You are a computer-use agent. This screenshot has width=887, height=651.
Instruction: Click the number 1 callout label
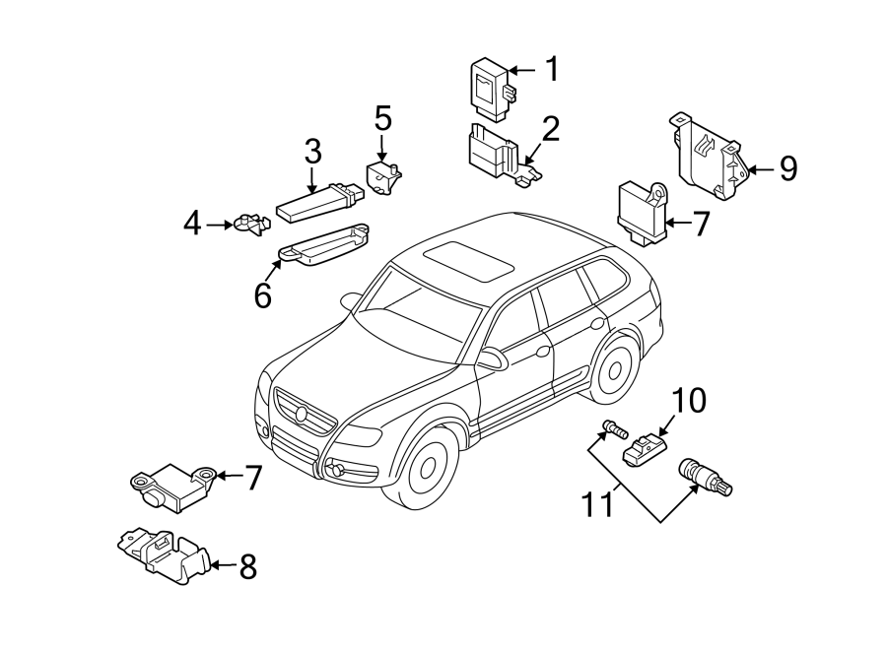coord(552,69)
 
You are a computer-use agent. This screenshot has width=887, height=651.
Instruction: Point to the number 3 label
coord(311,152)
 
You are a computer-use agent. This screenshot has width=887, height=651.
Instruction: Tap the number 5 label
coord(382,119)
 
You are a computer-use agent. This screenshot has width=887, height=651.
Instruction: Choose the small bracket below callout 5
coord(383,176)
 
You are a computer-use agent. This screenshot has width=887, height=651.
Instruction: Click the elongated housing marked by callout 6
coord(326,245)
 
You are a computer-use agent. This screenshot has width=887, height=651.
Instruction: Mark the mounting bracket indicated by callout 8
coord(163,553)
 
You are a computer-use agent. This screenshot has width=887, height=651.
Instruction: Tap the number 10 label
coord(690,401)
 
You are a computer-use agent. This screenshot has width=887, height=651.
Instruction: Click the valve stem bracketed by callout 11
coord(702,478)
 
